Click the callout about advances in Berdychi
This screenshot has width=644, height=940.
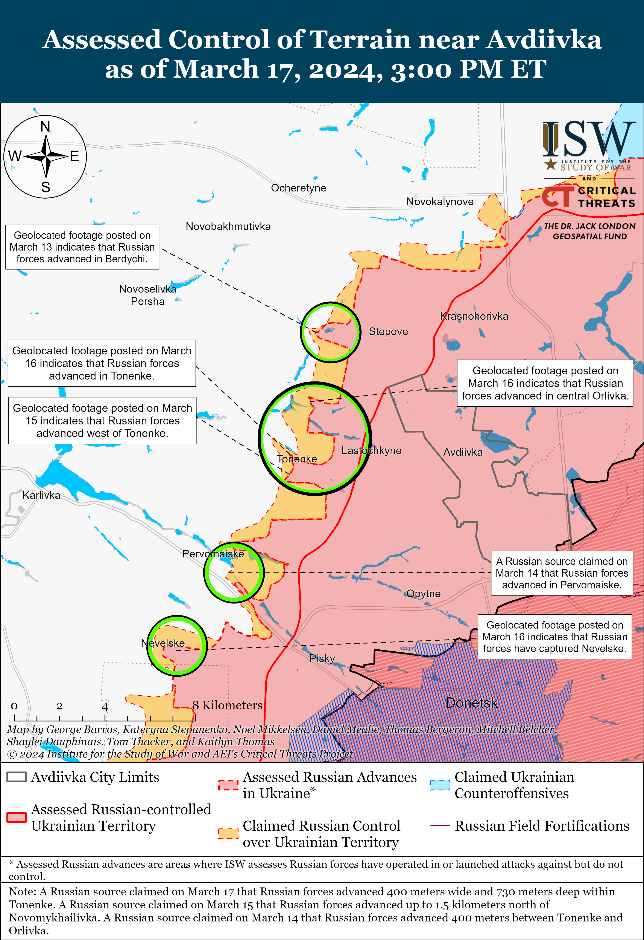pyautogui.click(x=82, y=247)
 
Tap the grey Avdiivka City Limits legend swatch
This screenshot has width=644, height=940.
pyautogui.click(x=17, y=777)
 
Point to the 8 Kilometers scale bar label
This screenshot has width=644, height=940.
pyautogui.click(x=227, y=705)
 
